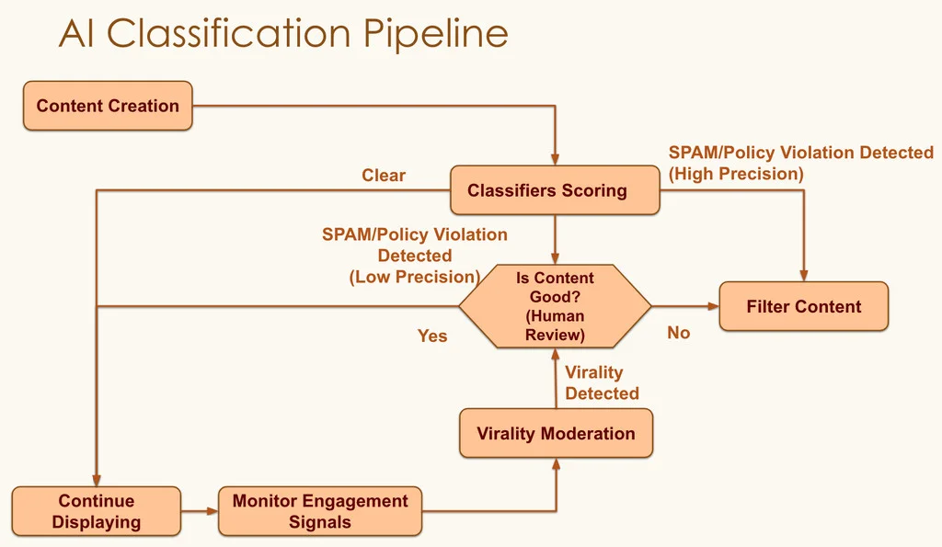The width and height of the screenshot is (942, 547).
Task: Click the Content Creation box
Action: click(108, 106)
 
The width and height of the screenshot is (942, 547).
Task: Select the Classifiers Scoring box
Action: click(554, 190)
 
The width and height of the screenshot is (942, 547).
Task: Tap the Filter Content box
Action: click(803, 306)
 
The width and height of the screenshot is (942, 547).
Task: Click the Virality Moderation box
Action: click(556, 433)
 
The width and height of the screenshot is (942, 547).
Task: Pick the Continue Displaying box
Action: click(96, 511)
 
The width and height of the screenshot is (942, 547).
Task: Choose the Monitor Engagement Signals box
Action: click(320, 511)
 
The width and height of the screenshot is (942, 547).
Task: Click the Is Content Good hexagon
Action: click(555, 306)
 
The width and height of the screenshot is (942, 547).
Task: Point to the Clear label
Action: click(384, 175)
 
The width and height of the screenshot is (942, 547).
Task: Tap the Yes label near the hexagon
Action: click(432, 336)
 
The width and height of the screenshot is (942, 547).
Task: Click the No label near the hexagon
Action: click(678, 333)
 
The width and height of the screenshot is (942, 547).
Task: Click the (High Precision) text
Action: click(736, 173)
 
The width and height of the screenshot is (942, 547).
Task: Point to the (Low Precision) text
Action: click(414, 277)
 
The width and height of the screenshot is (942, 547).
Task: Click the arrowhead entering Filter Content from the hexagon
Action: click(713, 306)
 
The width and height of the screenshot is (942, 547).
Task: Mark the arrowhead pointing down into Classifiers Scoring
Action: click(555, 159)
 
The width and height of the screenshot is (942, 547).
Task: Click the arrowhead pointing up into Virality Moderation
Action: click(556, 464)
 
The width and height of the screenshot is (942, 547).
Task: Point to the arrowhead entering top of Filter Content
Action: click(804, 275)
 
